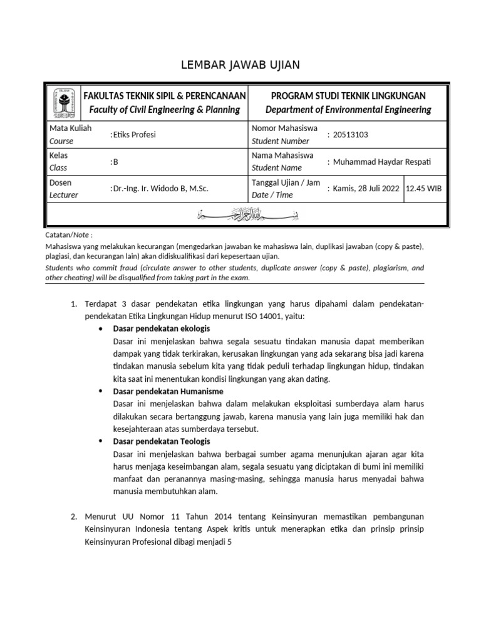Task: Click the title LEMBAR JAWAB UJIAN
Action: [x=240, y=65]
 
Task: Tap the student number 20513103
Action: [x=351, y=135]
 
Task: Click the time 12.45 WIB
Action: [x=425, y=189]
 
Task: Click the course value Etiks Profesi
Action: [x=134, y=135]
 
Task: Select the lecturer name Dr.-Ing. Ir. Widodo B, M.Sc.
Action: [x=160, y=189]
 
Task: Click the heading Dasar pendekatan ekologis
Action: [x=162, y=329]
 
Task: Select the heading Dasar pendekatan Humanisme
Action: [x=168, y=391]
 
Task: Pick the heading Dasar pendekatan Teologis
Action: [x=162, y=441]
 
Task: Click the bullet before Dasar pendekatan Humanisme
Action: [x=102, y=391]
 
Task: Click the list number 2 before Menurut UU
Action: [x=73, y=517]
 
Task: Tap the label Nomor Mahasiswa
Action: [x=281, y=129]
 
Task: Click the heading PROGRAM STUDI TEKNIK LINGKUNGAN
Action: [x=348, y=95]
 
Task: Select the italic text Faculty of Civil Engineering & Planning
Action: [x=164, y=110]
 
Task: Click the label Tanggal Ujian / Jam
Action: [x=286, y=182]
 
